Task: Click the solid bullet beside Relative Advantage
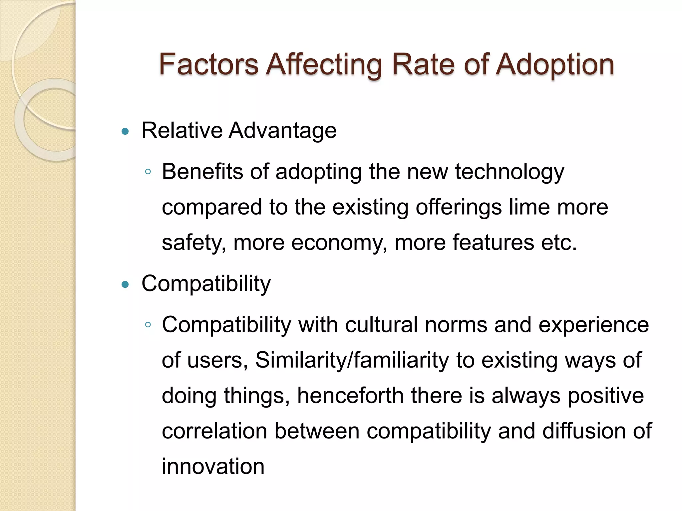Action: coord(125,131)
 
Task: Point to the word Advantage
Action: coord(282,130)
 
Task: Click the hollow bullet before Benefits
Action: coord(148,172)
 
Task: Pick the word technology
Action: coord(510,172)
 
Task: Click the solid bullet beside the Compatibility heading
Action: coord(125,284)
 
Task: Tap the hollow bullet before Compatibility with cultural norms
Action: coord(148,325)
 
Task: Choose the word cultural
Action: coord(381,325)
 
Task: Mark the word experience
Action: coord(593,325)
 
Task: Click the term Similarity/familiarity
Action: coord(352,360)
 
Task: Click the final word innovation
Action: coord(213,466)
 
